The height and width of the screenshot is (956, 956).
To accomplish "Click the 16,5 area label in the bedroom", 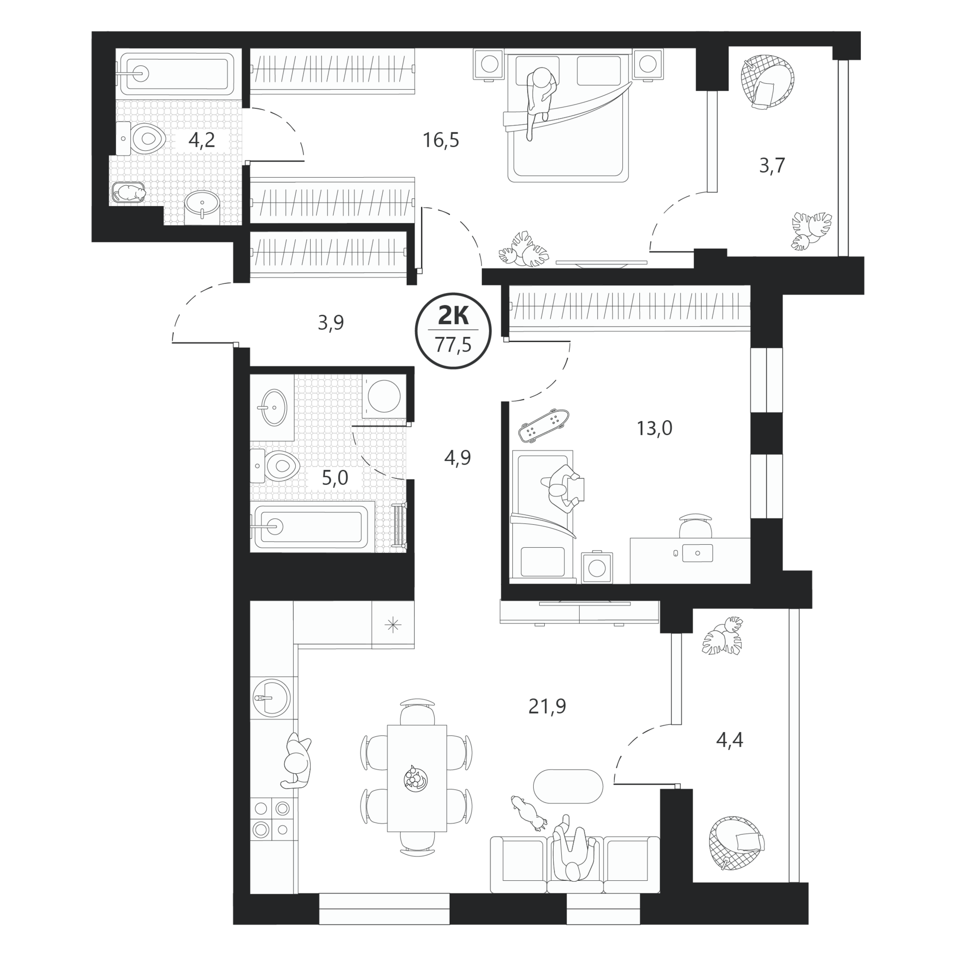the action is pyautogui.click(x=441, y=140).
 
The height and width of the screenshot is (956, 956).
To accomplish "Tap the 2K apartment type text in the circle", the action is pyautogui.click(x=453, y=315).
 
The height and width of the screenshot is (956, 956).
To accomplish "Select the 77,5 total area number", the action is pyautogui.click(x=453, y=344).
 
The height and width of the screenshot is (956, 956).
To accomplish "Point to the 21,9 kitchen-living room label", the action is pyautogui.click(x=547, y=706).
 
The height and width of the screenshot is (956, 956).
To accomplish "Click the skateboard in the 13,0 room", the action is pyautogui.click(x=544, y=425).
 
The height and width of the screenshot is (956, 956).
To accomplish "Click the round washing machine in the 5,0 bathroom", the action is pyautogui.click(x=384, y=396).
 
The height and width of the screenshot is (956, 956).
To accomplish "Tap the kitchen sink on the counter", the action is pyautogui.click(x=271, y=697).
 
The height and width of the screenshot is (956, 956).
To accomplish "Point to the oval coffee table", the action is pyautogui.click(x=568, y=786).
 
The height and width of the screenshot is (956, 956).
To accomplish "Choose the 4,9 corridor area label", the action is pyautogui.click(x=458, y=458).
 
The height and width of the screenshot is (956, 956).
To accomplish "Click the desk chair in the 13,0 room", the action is pyautogui.click(x=696, y=525).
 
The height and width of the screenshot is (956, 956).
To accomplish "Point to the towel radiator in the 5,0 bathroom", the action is pyautogui.click(x=399, y=526).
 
